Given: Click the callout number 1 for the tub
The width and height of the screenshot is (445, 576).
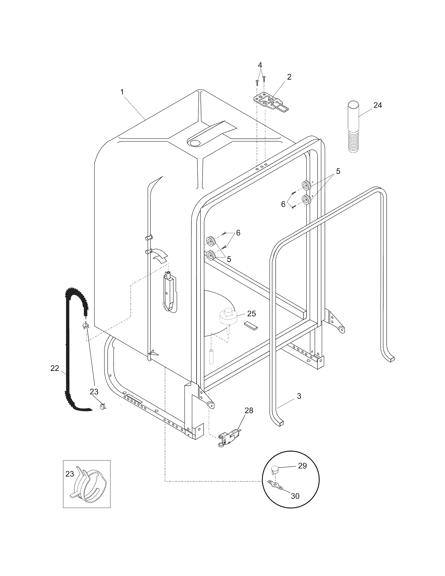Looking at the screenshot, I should coord(122,92).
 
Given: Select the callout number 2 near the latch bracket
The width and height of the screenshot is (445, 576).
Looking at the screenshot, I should coord(289,77).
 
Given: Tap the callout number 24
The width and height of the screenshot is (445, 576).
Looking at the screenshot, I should coord(377,105).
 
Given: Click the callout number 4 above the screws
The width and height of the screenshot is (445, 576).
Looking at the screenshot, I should coord(260,65).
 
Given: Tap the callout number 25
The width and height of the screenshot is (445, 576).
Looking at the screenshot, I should coord(252,314).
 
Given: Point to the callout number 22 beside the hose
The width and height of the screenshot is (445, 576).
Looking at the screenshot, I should coord(54,368).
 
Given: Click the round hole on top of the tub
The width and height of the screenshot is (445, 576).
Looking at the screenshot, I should coord(195,143).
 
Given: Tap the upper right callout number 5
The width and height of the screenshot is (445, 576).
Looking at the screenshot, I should coord(338,171).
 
